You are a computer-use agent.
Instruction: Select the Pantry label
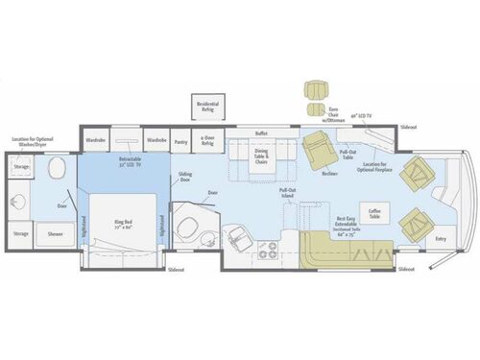point(181,138)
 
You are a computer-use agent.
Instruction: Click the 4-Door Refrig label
point(208,139)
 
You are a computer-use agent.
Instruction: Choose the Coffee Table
point(373,213)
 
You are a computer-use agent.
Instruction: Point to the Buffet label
point(261,132)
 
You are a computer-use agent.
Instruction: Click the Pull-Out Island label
point(287,192)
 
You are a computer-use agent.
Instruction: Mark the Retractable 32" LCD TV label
point(130,161)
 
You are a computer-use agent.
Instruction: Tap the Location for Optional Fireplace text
point(381,168)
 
